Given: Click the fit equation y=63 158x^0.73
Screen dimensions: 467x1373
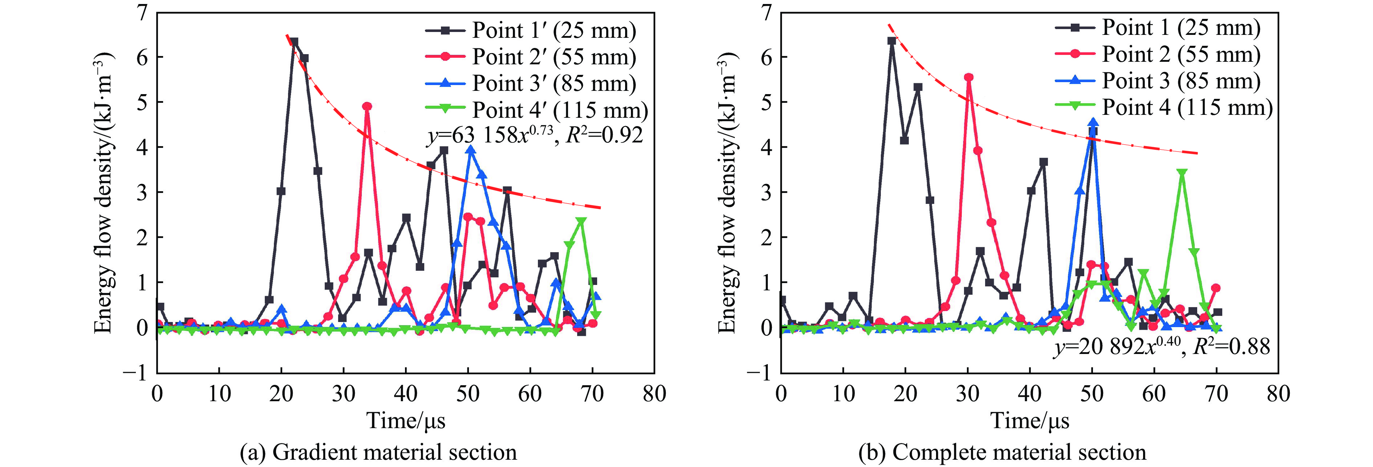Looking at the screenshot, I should [x=535, y=135].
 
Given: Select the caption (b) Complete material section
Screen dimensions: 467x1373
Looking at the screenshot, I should [x=1002, y=452].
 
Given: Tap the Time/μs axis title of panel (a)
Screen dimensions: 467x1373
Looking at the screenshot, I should [x=406, y=420].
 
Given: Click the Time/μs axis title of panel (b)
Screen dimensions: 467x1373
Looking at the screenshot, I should [x=1030, y=420].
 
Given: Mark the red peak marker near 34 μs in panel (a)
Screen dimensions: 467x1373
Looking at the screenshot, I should [x=367, y=106].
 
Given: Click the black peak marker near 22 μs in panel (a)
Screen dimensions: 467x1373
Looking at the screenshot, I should [x=294, y=41].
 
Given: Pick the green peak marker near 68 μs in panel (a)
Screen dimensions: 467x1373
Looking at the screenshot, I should [x=581, y=221].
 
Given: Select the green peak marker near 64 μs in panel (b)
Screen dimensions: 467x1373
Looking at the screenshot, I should [x=1182, y=173].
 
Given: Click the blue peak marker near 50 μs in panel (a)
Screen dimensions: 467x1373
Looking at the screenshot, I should [x=470, y=150].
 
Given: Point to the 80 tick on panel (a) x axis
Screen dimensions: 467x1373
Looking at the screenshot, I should [x=654, y=394].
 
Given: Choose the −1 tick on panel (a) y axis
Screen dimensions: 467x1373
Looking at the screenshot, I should [x=135, y=372].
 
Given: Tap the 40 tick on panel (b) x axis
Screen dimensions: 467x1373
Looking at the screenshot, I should [x=1030, y=394].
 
